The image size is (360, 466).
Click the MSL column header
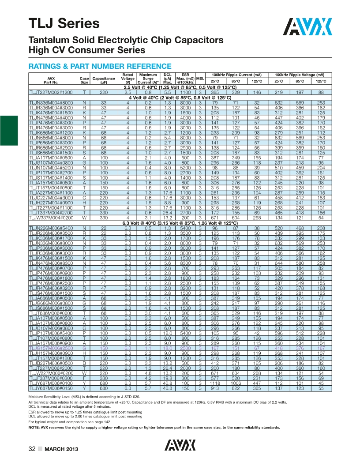(x=200, y=78)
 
